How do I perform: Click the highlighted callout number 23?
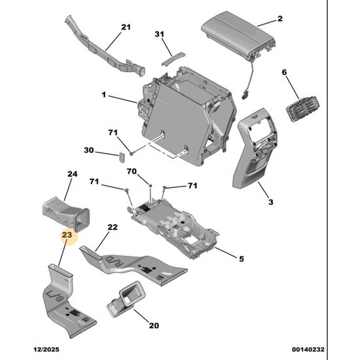[x=67, y=234]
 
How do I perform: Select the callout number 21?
[x=126, y=27]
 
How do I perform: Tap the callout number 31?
[x=159, y=34]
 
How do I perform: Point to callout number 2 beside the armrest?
[x=280, y=19]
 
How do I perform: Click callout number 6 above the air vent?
[x=284, y=72]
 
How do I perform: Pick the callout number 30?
[x=89, y=150]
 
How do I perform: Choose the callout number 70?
[x=132, y=171]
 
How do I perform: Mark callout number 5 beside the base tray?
[x=241, y=258]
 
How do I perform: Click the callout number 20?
[x=154, y=325]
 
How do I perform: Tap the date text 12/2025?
[x=46, y=349]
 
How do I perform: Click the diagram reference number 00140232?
[x=308, y=349]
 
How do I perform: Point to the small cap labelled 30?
[x=122, y=158]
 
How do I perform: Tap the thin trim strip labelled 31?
[x=174, y=58]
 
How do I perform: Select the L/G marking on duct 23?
[x=55, y=296]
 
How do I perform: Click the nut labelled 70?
[x=150, y=186]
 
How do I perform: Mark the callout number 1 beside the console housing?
[x=104, y=94]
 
